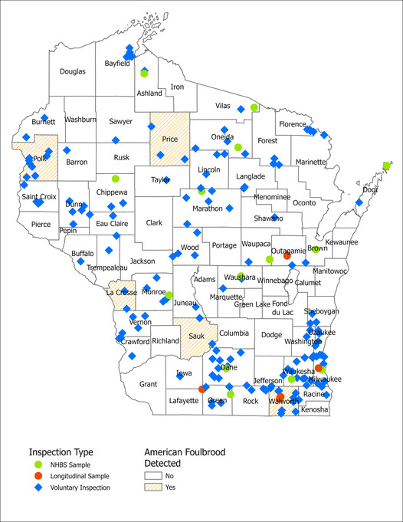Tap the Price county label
169,139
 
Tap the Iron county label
177,87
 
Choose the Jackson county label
143,261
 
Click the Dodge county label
271,335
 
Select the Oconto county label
304,202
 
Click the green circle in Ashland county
144,74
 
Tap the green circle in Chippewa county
116,178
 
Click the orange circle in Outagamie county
287,256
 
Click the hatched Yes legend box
155,487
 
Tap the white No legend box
155,475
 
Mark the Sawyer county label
120,121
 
